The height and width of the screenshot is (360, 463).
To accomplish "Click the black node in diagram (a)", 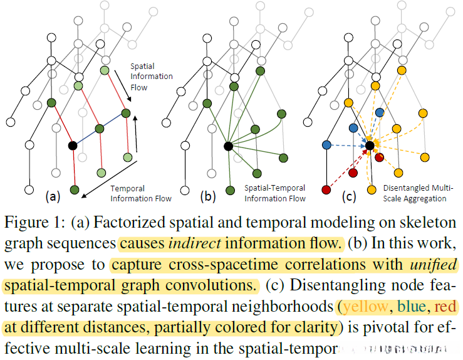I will (x=72, y=146).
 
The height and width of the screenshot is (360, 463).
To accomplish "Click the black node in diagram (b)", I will (x=228, y=146).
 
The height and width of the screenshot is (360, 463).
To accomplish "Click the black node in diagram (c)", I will (x=370, y=146).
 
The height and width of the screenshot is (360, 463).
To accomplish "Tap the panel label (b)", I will (x=207, y=196).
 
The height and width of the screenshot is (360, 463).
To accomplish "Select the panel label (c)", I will (x=349, y=196).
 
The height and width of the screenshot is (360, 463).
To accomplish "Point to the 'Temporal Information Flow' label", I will (x=132, y=193).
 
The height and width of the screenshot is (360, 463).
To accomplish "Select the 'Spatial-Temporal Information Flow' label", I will (x=275, y=193).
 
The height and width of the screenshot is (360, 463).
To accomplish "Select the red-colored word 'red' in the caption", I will (x=447, y=307).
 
